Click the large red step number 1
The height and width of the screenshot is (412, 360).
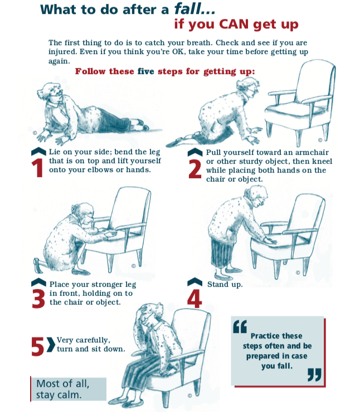[37, 168]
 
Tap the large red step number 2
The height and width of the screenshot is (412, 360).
[195, 169]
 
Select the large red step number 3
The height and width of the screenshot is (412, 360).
[38, 299]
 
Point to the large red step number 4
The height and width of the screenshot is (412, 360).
[194, 298]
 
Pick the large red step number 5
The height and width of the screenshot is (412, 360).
[37, 347]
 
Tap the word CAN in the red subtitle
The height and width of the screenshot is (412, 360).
[233, 24]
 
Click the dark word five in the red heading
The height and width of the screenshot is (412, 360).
[145, 71]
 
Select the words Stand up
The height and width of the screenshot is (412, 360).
[225, 285]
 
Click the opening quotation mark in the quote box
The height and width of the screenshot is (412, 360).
[240, 327]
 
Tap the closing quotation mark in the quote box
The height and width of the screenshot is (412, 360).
[314, 375]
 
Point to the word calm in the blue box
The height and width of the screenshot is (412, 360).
[70, 395]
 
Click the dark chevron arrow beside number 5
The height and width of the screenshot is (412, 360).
[51, 344]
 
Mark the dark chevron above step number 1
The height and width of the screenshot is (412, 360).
[38, 151]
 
